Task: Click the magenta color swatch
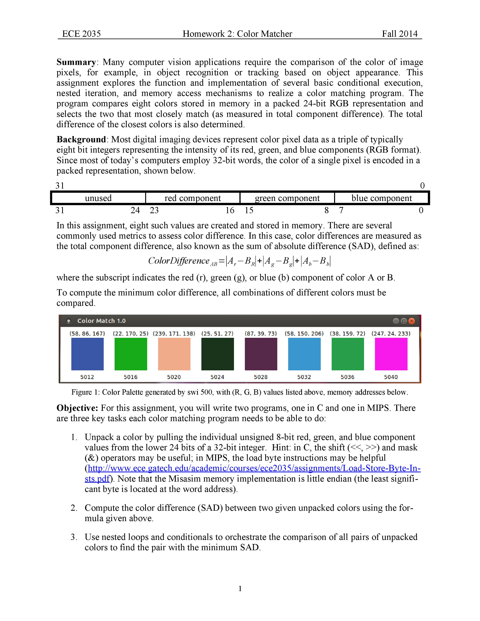pos(391,354)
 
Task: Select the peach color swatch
pos(174,354)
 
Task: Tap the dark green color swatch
pos(218,354)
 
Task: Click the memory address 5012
pos(87,377)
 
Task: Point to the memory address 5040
pos(391,377)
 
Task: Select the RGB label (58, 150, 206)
pos(304,334)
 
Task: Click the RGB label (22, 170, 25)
pos(131,334)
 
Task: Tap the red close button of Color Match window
pos(411,321)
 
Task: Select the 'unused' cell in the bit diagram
pos(98,198)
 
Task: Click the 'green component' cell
pos(287,198)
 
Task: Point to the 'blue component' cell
pos(382,198)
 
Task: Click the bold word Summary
pos(76,62)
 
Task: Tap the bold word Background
pos(81,139)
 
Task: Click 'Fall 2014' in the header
pos(399,34)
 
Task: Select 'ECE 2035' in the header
pos(81,34)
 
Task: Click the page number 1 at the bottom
pos(240,588)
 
